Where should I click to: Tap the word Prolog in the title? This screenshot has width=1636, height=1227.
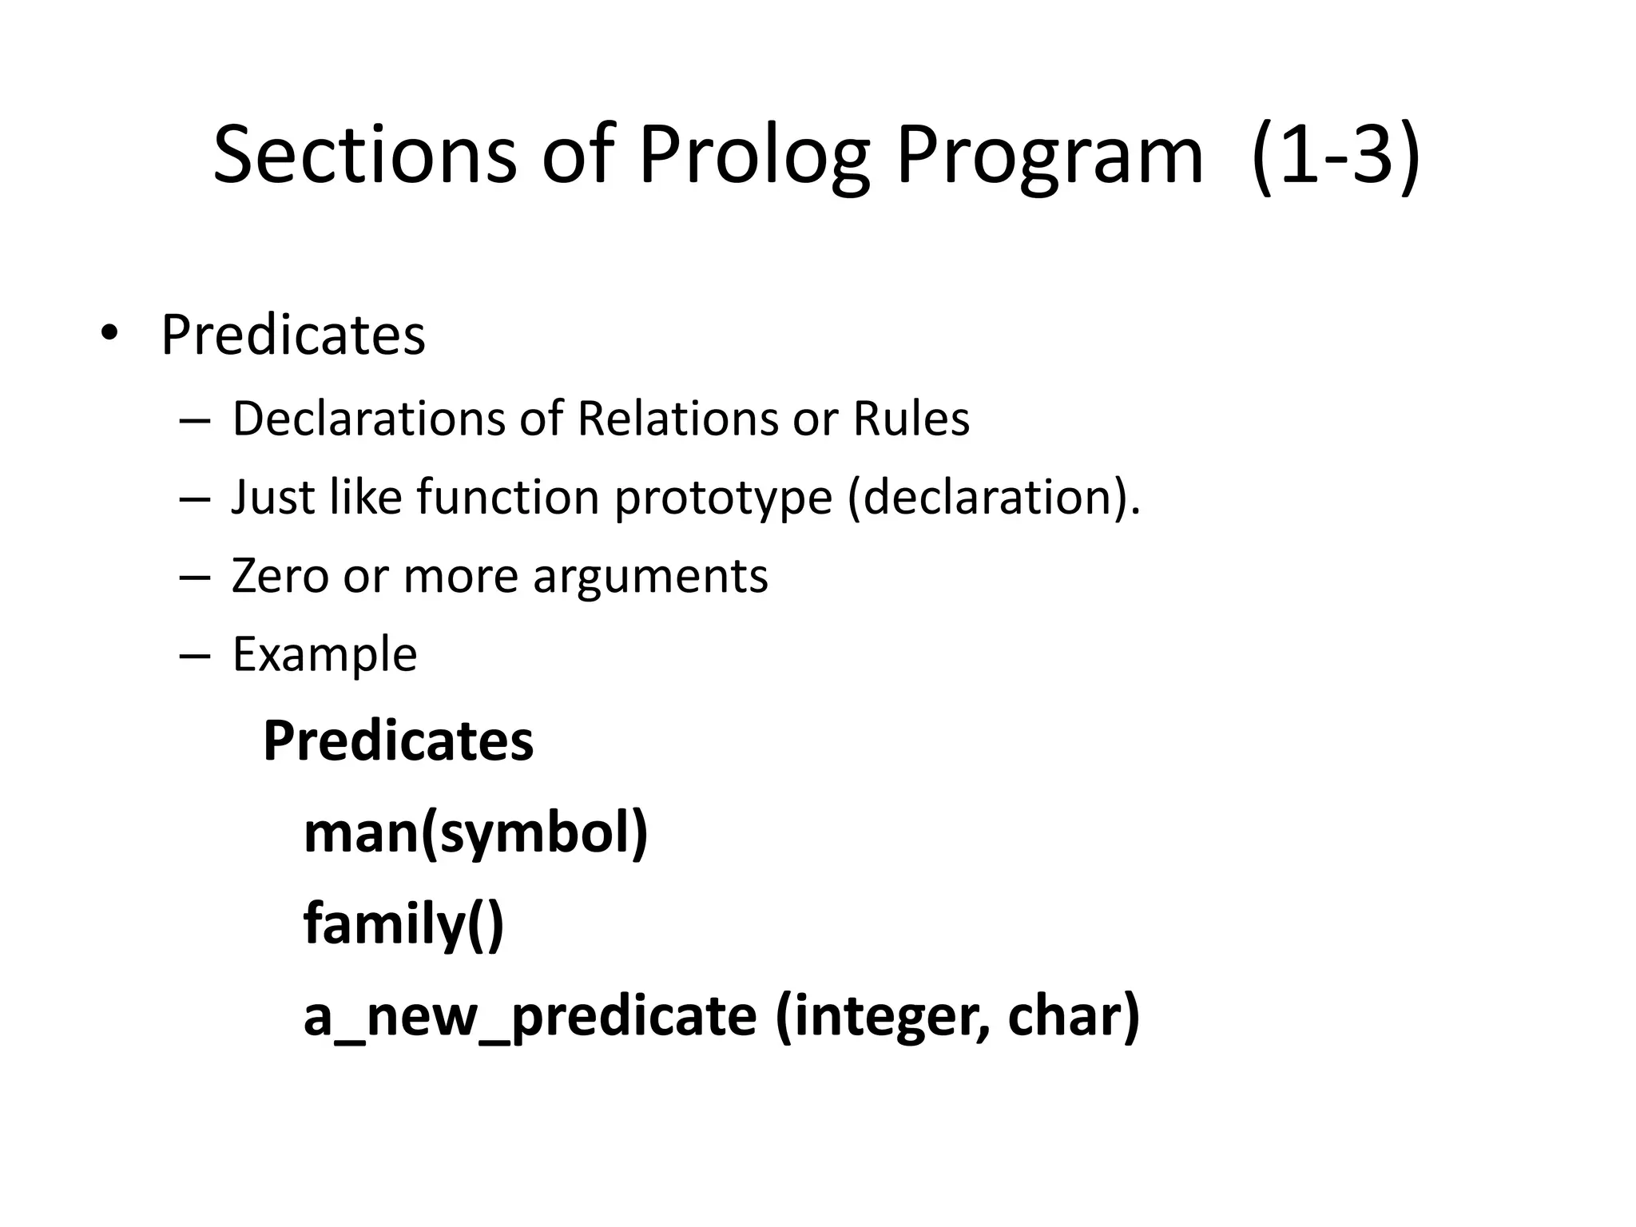click(x=754, y=156)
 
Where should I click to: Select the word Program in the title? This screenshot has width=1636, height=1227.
click(x=1049, y=156)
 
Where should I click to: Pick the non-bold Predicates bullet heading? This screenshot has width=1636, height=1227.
click(x=292, y=336)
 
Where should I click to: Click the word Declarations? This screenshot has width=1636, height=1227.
click(x=368, y=419)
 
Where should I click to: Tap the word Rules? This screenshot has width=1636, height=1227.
click(x=911, y=419)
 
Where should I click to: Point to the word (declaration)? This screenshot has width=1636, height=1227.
click(x=995, y=498)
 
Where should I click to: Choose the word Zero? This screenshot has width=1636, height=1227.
click(x=280, y=576)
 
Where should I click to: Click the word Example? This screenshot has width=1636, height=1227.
click(x=324, y=655)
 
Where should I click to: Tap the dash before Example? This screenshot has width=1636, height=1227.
click(x=195, y=655)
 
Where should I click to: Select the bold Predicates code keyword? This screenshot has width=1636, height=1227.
click(x=398, y=742)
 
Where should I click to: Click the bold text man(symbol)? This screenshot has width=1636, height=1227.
click(x=475, y=834)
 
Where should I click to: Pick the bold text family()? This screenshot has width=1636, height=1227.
click(x=403, y=925)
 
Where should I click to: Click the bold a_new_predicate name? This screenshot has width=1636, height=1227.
click(x=530, y=1017)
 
